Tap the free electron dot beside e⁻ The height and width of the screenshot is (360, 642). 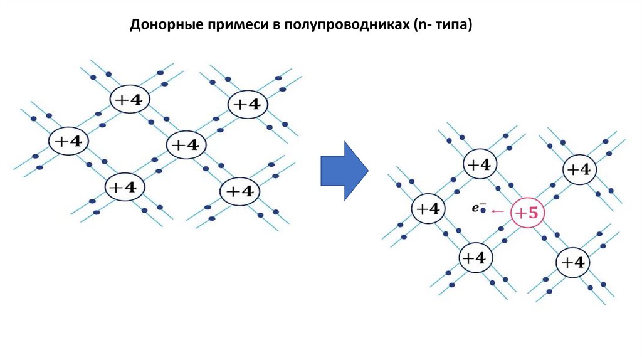pyautogui.click(x=483, y=211)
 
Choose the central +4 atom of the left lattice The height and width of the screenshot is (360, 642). pyautogui.click(x=186, y=145)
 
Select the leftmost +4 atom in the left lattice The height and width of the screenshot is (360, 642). pyautogui.click(x=68, y=141)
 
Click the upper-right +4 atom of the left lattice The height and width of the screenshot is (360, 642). pyautogui.click(x=248, y=104)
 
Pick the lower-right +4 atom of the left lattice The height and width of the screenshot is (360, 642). pyautogui.click(x=239, y=191)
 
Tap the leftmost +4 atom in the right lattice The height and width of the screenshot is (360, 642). pyautogui.click(x=428, y=209)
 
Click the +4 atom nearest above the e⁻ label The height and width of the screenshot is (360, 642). pyautogui.click(x=480, y=164)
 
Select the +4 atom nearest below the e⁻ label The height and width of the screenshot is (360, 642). pyautogui.click(x=476, y=258)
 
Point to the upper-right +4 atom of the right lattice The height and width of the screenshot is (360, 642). pyautogui.click(x=579, y=169)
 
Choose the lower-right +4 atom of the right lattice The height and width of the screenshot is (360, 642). pyautogui.click(x=572, y=262)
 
